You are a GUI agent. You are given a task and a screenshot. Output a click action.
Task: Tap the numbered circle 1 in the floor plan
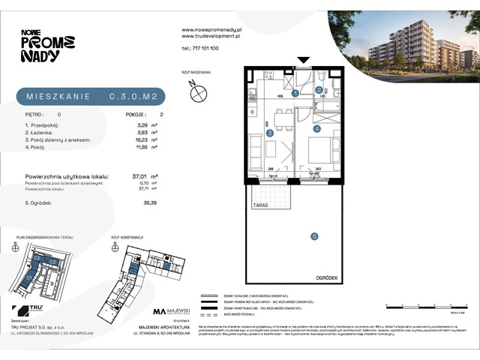coord(295,93)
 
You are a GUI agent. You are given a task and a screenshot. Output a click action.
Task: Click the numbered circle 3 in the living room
coord(269,133)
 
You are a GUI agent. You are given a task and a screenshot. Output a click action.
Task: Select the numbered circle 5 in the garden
coord(314,236)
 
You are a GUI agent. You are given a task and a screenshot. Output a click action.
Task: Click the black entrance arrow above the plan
coord(303,61)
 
